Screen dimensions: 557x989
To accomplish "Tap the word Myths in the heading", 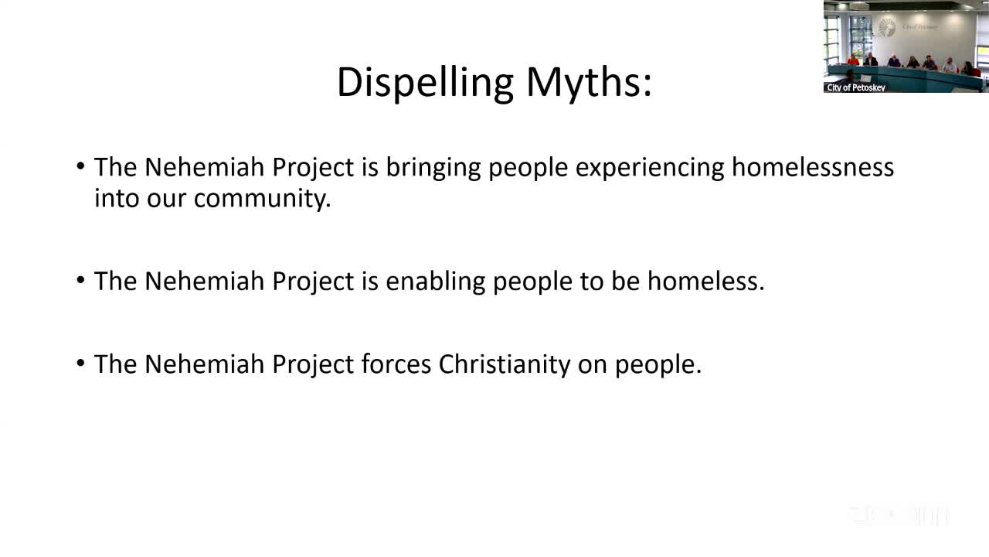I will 589,82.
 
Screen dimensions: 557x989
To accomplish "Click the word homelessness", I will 813,167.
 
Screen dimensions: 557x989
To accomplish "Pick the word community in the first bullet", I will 262,198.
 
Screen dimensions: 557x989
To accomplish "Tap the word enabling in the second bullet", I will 435,281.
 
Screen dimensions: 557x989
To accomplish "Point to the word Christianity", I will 505,364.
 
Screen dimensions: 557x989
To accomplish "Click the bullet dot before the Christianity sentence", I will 81,364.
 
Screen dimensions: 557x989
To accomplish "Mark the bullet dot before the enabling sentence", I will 81,281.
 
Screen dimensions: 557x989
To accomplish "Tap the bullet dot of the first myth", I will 81,167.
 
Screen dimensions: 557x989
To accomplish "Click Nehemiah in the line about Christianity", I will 205,364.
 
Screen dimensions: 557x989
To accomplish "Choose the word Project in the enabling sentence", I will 313,281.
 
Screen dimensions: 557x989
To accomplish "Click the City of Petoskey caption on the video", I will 856,87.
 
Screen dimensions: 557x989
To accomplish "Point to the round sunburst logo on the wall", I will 887,27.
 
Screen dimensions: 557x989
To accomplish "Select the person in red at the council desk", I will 853,60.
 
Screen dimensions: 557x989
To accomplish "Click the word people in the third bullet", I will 658,364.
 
